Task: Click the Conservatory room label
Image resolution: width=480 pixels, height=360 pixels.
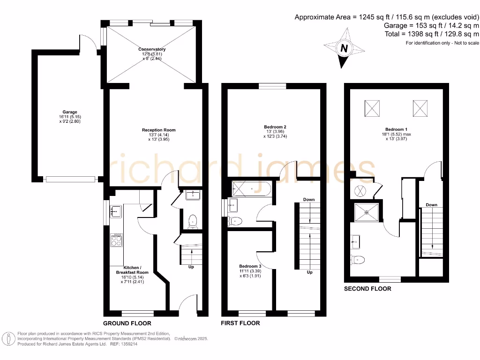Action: [x=152, y=49]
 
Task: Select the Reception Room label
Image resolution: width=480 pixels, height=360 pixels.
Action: [x=159, y=130]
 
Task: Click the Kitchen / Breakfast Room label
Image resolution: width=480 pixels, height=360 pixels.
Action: [x=132, y=270]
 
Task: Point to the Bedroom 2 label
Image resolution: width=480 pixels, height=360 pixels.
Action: [x=275, y=127]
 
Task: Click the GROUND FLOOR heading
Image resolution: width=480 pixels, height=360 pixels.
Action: [x=127, y=323]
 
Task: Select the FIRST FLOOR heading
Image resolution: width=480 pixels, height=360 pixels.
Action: [x=240, y=323]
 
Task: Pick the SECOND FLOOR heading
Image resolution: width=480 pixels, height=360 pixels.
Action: [x=367, y=289]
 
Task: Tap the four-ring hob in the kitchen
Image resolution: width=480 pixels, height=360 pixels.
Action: [x=116, y=240]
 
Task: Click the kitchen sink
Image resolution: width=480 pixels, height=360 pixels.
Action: [x=115, y=212]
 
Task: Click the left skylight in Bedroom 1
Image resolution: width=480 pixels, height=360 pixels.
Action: [x=373, y=109]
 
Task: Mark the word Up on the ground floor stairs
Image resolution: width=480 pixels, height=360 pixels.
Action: [x=191, y=267]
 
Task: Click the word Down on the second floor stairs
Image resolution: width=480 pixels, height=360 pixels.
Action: [x=431, y=205]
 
